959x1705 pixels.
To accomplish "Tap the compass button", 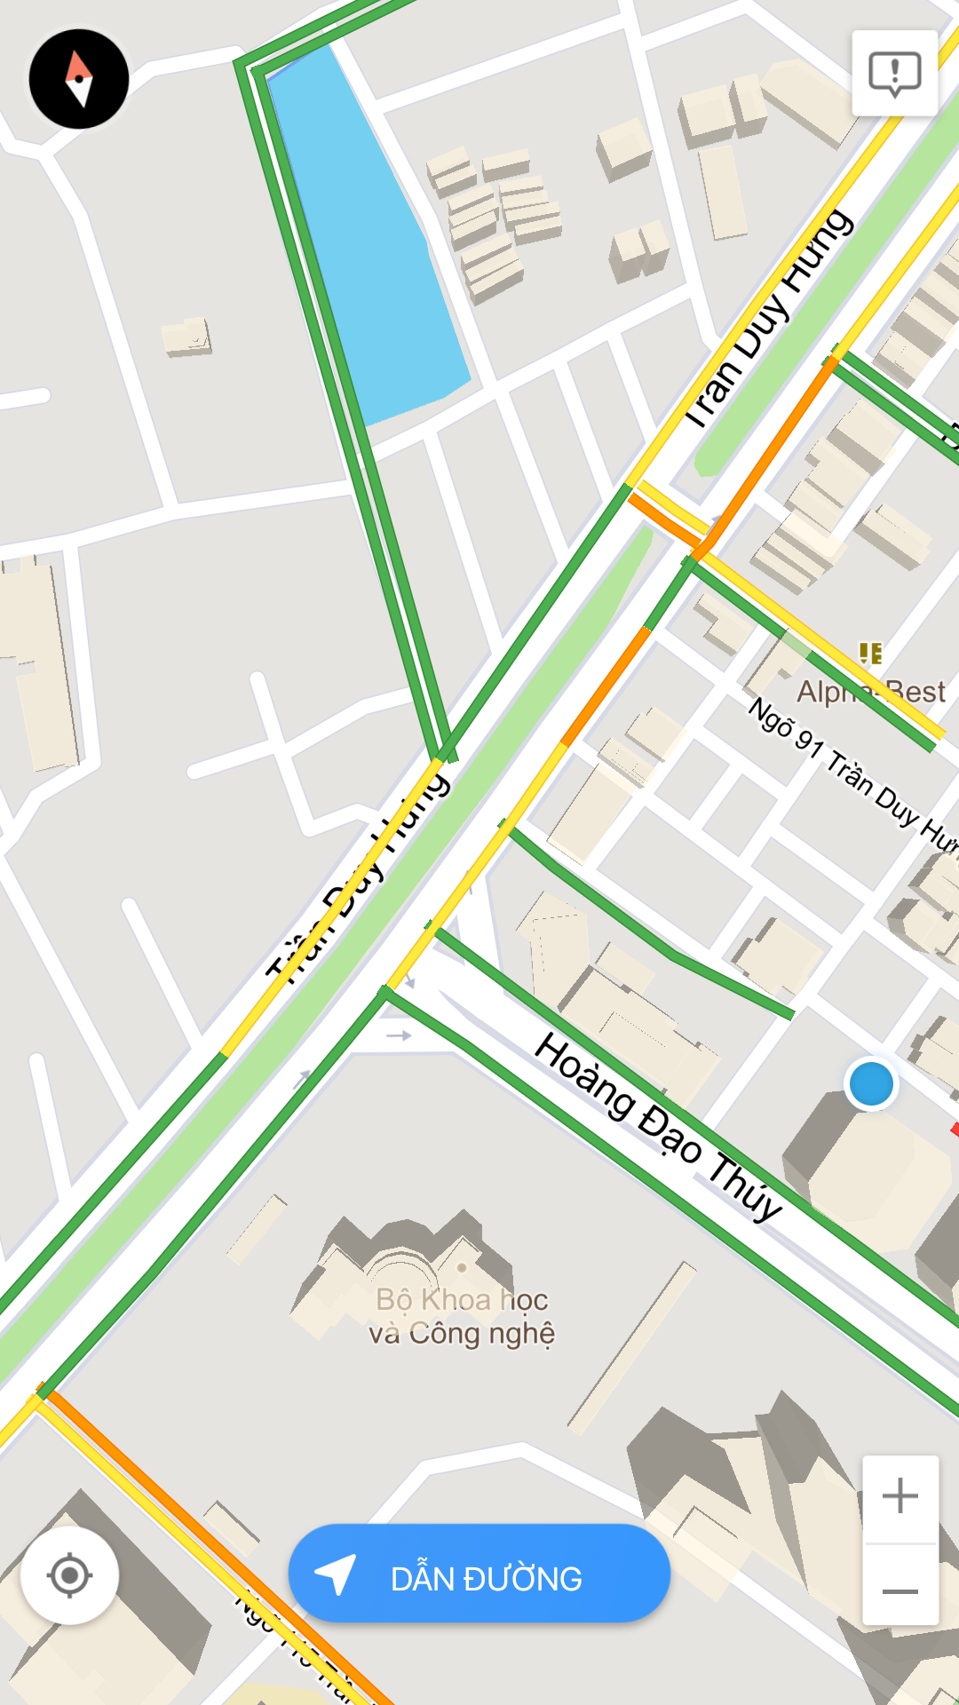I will click(x=79, y=79).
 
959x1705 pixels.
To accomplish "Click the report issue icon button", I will click(x=894, y=73).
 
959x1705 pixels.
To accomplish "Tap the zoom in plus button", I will click(x=900, y=1495).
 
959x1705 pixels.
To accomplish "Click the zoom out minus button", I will click(x=900, y=1591).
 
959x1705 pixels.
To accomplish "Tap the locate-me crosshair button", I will click(x=69, y=1575).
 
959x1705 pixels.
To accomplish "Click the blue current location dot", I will click(x=871, y=1084).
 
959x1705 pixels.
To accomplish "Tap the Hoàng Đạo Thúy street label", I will click(x=657, y=1125).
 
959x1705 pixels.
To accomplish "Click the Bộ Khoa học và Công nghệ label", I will click(x=462, y=1316).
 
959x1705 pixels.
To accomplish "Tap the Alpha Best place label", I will click(x=870, y=692).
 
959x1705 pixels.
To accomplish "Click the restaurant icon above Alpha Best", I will click(x=871, y=654).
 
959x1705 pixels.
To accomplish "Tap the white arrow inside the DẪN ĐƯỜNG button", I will click(x=337, y=1574).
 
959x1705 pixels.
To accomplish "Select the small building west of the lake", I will click(x=186, y=337).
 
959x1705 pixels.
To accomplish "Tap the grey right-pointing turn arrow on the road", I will click(x=399, y=1035).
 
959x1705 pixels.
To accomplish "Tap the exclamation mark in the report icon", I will click(x=894, y=70).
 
